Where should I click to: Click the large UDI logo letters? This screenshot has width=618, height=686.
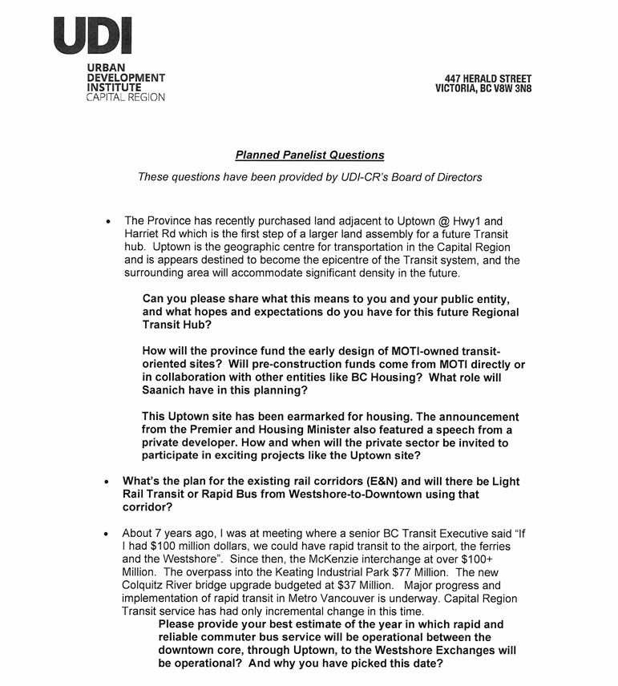click(x=93, y=35)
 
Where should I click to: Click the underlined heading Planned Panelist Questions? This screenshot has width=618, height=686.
click(x=309, y=155)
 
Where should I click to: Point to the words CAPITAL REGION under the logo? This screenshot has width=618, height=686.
click(x=126, y=98)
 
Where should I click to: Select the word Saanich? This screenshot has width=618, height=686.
click(x=168, y=390)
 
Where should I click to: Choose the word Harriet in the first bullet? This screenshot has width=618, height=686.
click(x=143, y=234)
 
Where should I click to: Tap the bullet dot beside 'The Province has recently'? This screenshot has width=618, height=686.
click(x=107, y=222)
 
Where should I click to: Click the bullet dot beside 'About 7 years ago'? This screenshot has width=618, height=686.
click(x=107, y=534)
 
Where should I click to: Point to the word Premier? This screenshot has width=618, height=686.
click(x=217, y=430)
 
